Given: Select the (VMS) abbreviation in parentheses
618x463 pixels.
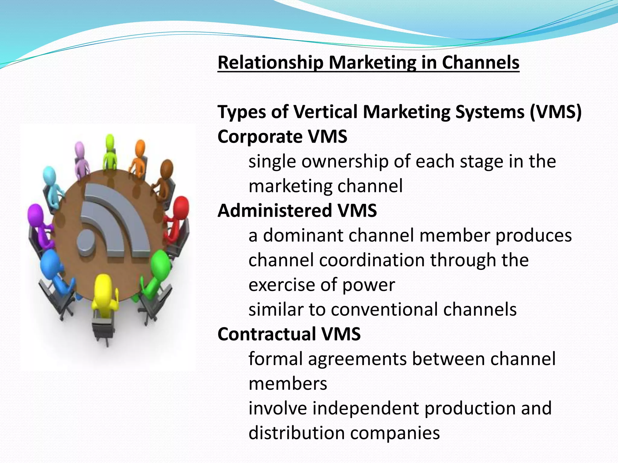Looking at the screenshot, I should [555, 112].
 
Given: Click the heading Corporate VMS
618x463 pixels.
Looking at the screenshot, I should [282, 137].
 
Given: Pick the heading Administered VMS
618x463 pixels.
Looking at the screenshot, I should [297, 210].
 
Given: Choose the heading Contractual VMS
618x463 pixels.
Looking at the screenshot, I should [289, 334].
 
